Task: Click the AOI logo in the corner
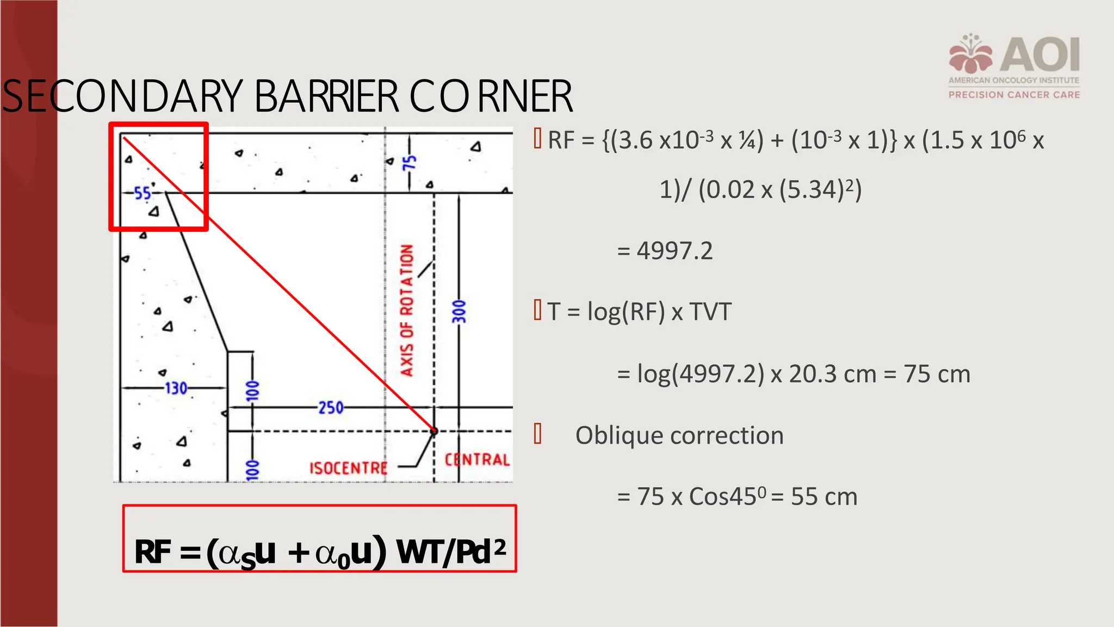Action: point(1014,54)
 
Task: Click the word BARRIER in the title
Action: point(326,96)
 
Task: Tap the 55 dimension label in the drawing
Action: point(143,193)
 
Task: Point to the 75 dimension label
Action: point(409,163)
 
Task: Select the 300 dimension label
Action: point(460,311)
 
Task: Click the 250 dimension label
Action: point(331,408)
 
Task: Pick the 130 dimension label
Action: point(176,388)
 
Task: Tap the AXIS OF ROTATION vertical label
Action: point(407,310)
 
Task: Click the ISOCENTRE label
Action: point(349,468)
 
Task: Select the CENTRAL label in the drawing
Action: point(477,460)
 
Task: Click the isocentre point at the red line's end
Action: point(434,431)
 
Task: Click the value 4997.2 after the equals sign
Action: point(674,251)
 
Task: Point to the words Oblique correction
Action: point(679,435)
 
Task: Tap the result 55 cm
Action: point(824,497)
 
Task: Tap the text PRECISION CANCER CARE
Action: point(1014,95)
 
